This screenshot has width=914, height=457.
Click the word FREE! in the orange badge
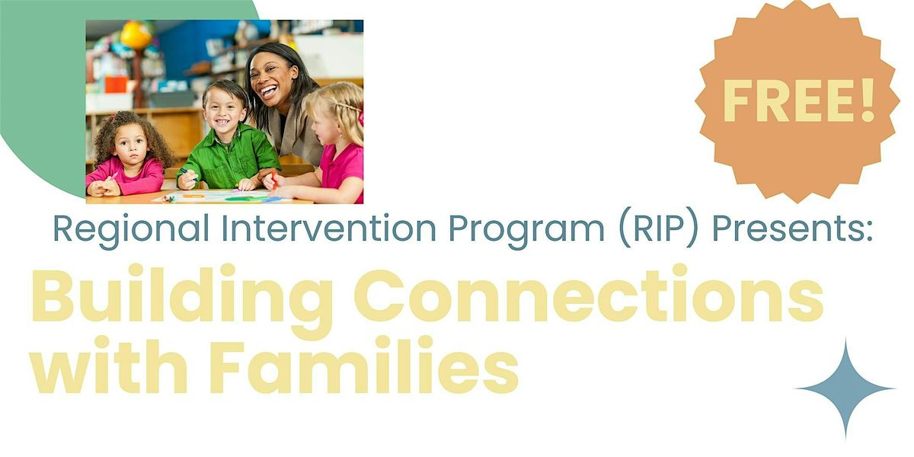(799, 101)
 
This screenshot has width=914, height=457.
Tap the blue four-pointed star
(845, 389)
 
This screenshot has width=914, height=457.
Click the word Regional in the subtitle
(131, 229)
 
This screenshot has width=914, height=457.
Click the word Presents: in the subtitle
(792, 228)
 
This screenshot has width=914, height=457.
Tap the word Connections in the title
(588, 295)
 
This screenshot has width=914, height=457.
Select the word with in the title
(110, 364)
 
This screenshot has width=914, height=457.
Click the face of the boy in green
(224, 110)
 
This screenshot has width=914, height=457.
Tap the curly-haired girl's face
(131, 145)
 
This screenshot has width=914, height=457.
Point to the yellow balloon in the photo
(136, 35)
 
